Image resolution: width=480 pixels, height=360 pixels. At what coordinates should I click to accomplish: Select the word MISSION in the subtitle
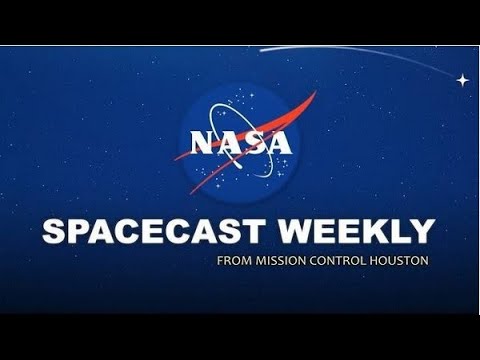[279, 261]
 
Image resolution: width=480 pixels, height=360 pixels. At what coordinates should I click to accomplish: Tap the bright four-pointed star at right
[462, 79]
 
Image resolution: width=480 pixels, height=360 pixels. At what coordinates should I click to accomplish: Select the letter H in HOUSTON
[371, 261]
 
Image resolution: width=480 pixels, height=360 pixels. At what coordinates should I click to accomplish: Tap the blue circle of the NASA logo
[240, 110]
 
